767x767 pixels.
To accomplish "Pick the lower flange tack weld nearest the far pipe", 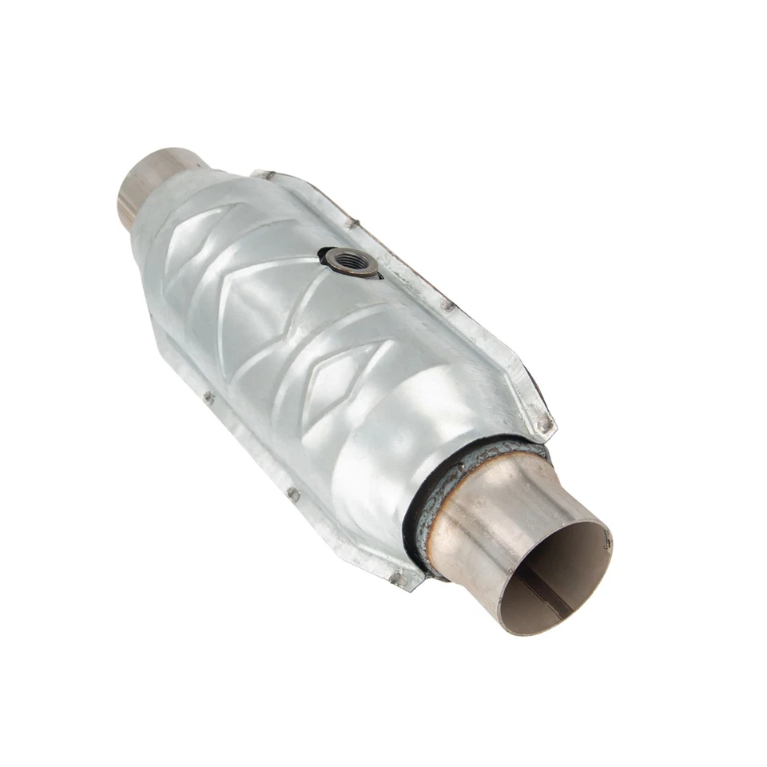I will [209, 397].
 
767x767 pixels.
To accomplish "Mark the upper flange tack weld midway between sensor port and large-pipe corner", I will [448, 305].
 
